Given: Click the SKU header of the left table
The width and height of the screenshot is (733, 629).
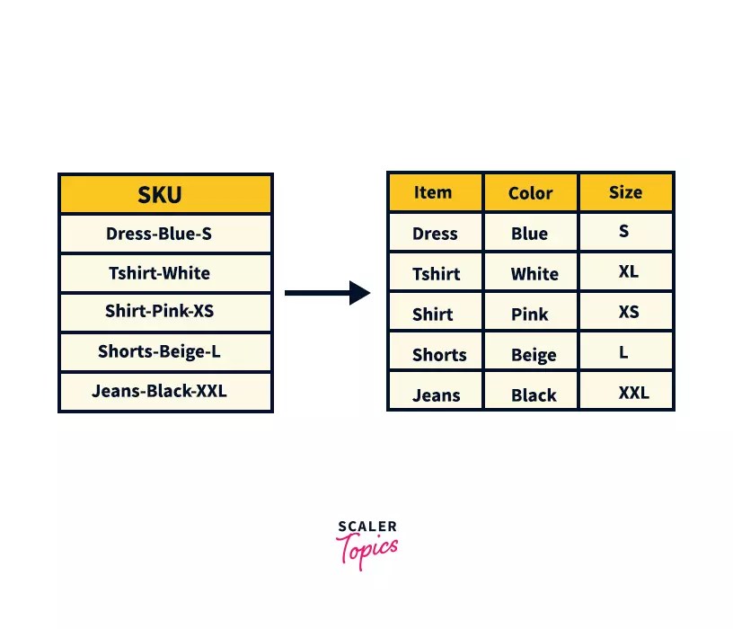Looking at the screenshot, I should click(x=165, y=194).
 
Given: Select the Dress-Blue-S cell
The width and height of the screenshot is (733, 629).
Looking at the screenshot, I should click(x=165, y=234).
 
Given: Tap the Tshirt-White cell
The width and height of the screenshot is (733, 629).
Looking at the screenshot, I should click(x=165, y=273).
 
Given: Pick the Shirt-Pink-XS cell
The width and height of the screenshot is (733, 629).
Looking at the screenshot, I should click(x=165, y=312).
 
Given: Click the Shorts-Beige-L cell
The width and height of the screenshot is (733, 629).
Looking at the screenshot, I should click(x=165, y=351).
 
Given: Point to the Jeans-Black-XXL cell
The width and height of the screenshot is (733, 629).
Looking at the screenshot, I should click(x=165, y=391).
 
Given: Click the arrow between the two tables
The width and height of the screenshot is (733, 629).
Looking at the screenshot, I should click(x=328, y=293).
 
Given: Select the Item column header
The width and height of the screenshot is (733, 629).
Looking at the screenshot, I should click(x=434, y=192).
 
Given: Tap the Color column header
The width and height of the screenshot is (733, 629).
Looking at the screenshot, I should click(x=531, y=193).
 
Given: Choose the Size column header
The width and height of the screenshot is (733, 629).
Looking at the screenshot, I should click(x=625, y=192).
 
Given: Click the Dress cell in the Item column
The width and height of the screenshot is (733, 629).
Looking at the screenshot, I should click(x=435, y=234).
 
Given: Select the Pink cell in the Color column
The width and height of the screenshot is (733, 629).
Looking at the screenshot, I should click(x=530, y=314).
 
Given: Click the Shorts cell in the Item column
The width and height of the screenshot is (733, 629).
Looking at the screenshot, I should click(x=438, y=354).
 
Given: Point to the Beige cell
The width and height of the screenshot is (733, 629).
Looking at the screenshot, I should click(x=533, y=355).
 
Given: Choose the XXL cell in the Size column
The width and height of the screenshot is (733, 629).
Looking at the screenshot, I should click(x=632, y=393).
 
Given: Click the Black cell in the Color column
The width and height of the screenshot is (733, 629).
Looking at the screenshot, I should click(x=533, y=395).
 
